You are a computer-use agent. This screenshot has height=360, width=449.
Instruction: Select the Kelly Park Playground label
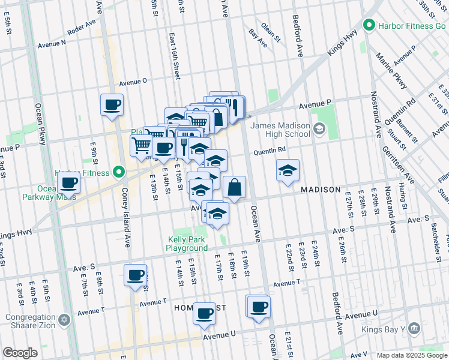[187, 244]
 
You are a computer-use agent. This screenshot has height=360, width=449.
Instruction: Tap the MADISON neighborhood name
[321, 189]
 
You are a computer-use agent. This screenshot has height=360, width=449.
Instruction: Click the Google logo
[20, 353]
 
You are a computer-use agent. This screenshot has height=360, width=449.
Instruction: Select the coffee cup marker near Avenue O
[112, 106]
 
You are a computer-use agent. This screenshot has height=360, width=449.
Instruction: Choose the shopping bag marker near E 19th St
[235, 188]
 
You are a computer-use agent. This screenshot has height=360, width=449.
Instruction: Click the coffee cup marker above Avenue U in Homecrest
[205, 313]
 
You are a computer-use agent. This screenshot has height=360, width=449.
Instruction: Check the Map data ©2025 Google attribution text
[412, 355]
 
